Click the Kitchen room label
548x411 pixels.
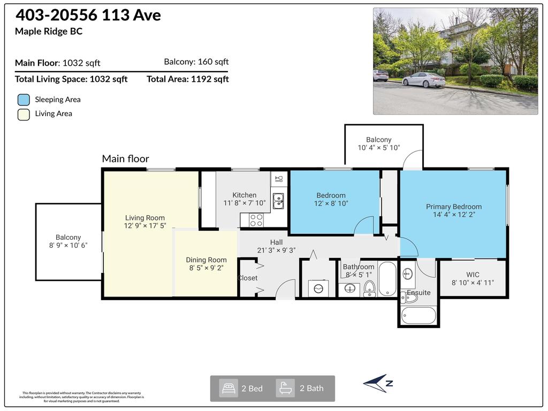click(x=244, y=195)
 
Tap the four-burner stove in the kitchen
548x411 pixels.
click(x=256, y=219)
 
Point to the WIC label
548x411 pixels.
click(x=473, y=275)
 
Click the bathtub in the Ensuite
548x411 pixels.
click(x=417, y=315)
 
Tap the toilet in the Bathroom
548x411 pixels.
click(x=370, y=290)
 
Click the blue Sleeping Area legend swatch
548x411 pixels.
click(x=24, y=100)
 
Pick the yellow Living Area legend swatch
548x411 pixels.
click(x=24, y=114)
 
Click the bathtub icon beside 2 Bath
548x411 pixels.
click(x=285, y=388)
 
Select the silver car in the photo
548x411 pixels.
click(x=423, y=79)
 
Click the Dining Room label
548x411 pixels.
click(x=206, y=260)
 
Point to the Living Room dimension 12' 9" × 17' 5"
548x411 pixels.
click(x=145, y=226)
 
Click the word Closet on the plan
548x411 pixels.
click(x=248, y=278)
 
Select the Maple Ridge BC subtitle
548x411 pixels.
click(x=49, y=31)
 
